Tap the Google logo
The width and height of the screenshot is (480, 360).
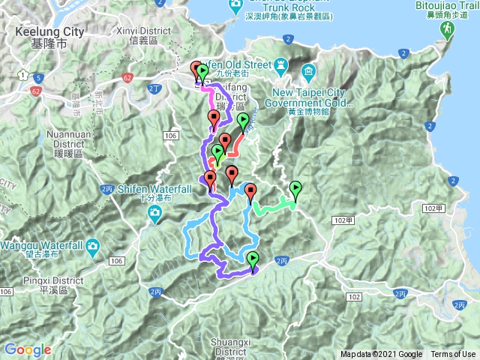(28, 349)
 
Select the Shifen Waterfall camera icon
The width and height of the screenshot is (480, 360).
(155, 217)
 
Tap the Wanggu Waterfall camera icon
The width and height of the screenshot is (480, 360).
(91, 246)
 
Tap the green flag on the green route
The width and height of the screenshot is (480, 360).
(295, 188)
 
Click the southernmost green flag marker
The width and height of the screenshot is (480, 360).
(253, 260)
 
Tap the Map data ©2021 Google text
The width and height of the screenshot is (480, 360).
(381, 355)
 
